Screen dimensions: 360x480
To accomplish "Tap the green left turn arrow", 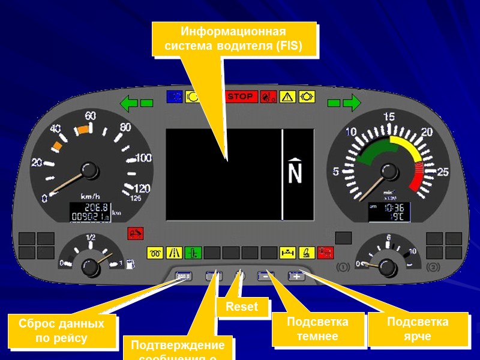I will tap(129, 103).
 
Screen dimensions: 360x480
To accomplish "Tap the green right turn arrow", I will tap(352, 103).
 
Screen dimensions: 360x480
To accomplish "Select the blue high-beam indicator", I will tap(175, 96).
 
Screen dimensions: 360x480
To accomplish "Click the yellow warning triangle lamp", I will tap(287, 96).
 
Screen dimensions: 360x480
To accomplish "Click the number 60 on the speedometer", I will tap(91, 115).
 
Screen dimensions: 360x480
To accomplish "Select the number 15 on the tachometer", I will tap(389, 117).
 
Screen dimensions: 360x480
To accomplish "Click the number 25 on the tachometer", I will tap(443, 172).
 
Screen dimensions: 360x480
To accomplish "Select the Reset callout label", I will tap(241, 307).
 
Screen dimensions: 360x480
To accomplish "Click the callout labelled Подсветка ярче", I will tap(418, 329).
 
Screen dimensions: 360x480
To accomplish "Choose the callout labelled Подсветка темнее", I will tap(318, 329).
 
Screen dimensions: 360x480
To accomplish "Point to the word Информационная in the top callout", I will tap(234, 31).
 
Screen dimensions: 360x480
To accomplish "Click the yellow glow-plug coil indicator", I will tap(155, 252).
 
